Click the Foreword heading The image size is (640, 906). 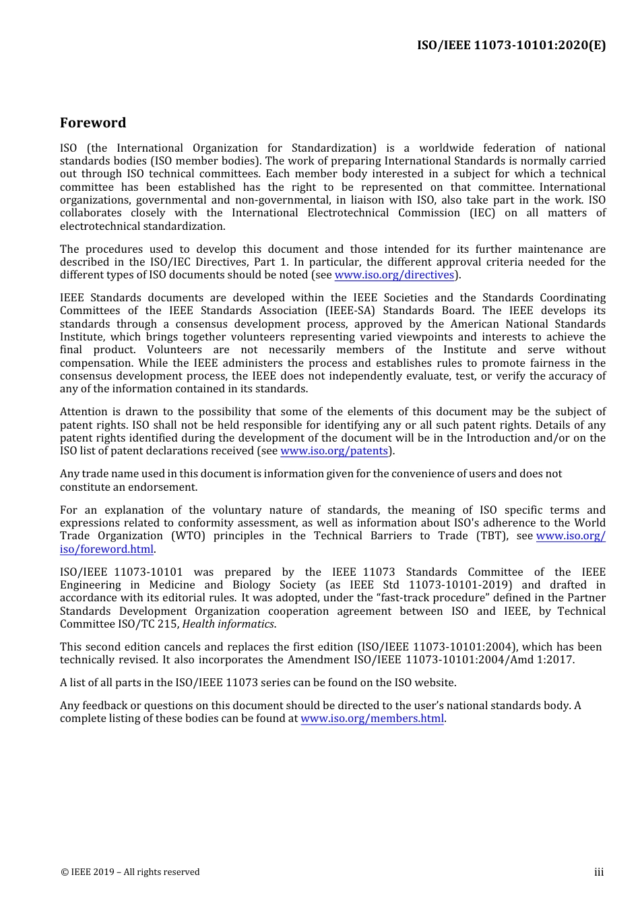(x=93, y=123)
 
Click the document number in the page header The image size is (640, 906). (x=511, y=45)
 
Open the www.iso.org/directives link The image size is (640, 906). (x=394, y=275)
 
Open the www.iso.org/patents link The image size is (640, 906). (x=333, y=451)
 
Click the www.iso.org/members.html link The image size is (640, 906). (x=372, y=719)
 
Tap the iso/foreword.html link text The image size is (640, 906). (x=106, y=549)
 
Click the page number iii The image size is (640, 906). (x=598, y=872)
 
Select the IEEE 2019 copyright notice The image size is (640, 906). (x=130, y=872)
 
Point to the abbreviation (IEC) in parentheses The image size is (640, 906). (x=482, y=213)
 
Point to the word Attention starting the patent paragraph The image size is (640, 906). (x=84, y=412)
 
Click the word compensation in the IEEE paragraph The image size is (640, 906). (x=96, y=363)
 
